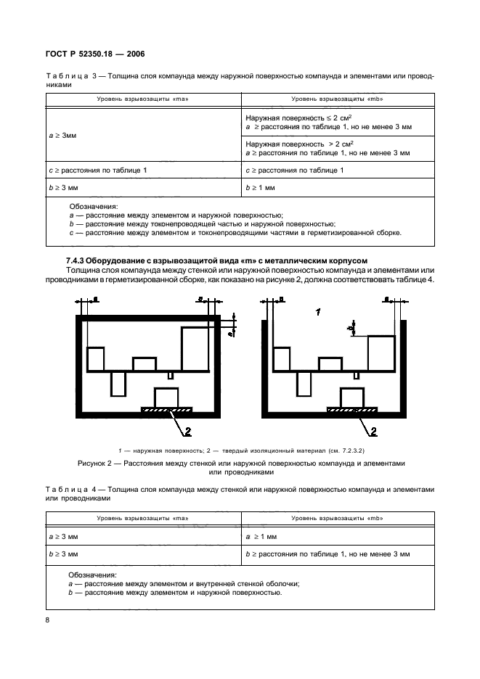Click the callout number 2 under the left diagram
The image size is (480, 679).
pos(187,432)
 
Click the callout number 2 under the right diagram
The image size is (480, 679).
pos(374,432)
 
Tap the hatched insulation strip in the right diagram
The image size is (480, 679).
pos(353,410)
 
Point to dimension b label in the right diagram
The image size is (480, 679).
pos(351,328)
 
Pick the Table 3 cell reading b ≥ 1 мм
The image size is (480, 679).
pos(261,188)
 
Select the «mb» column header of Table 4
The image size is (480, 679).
pos(337,519)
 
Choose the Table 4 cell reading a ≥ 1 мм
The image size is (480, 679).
pos(262,537)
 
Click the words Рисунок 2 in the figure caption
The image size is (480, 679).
pos(97,462)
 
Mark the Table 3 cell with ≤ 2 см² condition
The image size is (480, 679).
pos(328,121)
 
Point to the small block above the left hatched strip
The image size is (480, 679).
pos(166,397)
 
